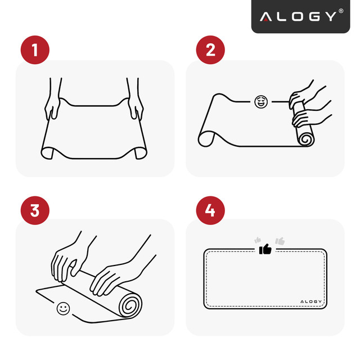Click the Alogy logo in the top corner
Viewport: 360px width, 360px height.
[298, 16]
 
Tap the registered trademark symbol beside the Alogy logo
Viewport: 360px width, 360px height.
[341, 11]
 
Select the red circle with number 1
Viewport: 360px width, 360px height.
[34, 50]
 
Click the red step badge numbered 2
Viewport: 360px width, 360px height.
[210, 50]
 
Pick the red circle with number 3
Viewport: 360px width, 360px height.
[34, 211]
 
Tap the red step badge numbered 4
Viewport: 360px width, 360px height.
[210, 211]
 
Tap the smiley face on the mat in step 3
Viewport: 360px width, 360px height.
[63, 308]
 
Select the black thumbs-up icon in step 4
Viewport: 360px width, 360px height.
[265, 249]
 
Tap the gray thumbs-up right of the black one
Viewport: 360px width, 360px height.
[280, 241]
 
